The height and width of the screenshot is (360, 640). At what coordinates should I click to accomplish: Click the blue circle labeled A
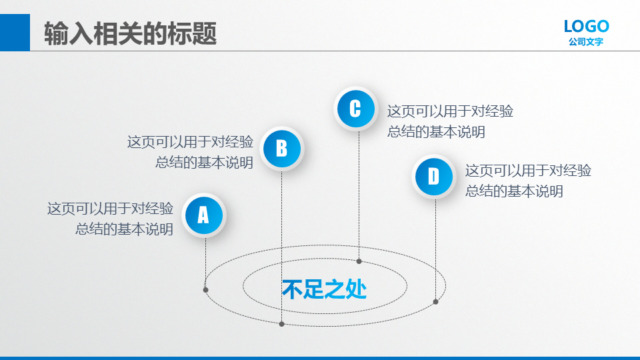(204, 215)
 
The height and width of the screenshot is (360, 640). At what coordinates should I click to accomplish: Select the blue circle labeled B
(281, 149)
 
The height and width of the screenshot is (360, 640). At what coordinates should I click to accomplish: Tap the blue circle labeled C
(355, 109)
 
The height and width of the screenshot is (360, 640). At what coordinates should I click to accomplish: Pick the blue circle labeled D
(433, 177)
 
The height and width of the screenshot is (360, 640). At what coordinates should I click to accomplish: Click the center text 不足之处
(325, 289)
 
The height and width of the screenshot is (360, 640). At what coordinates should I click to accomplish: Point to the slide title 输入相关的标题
(130, 33)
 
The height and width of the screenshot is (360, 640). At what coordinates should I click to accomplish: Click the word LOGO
(587, 27)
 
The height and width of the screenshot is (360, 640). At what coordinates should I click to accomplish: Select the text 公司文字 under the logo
(586, 41)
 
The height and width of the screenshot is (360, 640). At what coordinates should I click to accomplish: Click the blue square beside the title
(15, 33)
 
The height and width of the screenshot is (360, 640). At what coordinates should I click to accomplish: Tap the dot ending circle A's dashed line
(206, 290)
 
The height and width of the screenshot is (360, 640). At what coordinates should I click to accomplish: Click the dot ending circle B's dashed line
(281, 324)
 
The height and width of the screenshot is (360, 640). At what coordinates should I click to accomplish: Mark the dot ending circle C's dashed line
(359, 261)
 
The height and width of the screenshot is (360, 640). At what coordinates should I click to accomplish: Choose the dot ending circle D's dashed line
(435, 301)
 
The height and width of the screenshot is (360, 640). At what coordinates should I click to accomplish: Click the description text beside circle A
(110, 219)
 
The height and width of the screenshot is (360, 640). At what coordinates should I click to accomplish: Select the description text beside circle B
(190, 152)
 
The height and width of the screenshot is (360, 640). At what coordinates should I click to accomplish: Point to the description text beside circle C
(450, 121)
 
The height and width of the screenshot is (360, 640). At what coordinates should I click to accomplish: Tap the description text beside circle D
(528, 181)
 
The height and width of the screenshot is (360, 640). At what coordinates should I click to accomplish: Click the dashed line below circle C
(359, 195)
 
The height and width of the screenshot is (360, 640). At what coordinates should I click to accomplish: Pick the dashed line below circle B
(281, 246)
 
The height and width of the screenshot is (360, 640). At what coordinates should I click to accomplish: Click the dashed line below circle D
(435, 249)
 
